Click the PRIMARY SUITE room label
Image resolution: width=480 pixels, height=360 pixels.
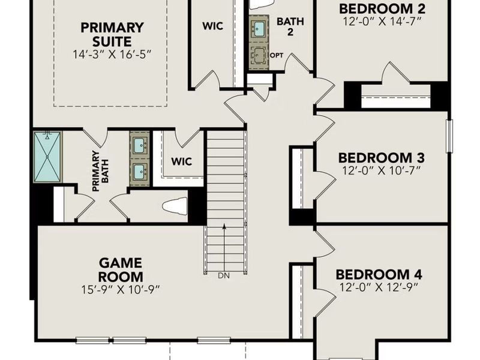[x=112, y=35]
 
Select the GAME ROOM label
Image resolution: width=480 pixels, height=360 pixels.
[x=121, y=269]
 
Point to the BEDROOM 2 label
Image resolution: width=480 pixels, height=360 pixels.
[x=382, y=8]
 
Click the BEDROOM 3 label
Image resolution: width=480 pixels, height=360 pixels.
[x=382, y=158]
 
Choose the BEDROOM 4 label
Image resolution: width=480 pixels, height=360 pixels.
[x=379, y=275]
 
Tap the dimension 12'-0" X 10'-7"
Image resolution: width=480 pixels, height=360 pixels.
[x=382, y=171]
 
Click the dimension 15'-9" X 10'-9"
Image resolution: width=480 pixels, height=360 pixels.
[x=121, y=289]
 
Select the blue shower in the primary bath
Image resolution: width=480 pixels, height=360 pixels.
[x=47, y=155]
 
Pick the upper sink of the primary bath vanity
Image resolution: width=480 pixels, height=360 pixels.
[x=140, y=145]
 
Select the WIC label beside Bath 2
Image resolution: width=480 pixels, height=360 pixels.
[x=212, y=27]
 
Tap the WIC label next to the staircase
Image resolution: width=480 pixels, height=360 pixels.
[x=181, y=161]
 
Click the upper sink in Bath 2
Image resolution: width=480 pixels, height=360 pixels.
[x=260, y=29]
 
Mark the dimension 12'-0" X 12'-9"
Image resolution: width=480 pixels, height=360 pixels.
[x=379, y=287]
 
